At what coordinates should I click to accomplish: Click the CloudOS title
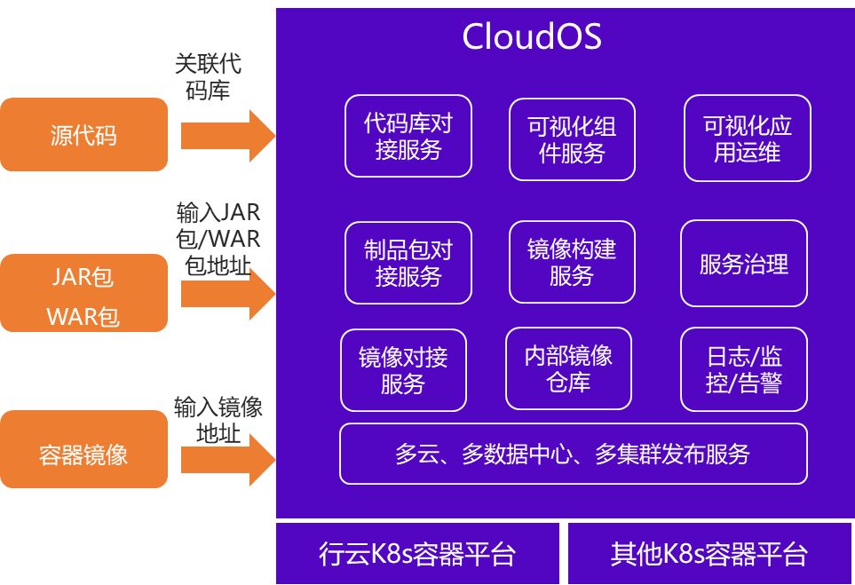(x=532, y=37)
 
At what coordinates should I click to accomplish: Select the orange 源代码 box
(x=83, y=135)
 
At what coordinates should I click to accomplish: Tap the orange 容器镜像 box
(x=83, y=455)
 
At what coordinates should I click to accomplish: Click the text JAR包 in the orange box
(x=83, y=277)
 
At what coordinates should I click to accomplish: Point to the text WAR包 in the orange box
(x=83, y=316)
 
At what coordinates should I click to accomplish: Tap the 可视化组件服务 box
(x=572, y=138)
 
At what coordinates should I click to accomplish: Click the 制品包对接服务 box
(x=408, y=263)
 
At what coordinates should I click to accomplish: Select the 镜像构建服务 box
(x=571, y=262)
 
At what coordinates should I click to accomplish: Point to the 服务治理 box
(x=744, y=264)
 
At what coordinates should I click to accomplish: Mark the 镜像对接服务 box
(x=403, y=370)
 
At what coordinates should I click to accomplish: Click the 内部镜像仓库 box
(x=568, y=368)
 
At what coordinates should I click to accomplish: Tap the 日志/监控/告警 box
(x=744, y=369)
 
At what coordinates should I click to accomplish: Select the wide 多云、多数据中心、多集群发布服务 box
(x=574, y=454)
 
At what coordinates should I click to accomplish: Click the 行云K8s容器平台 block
(x=417, y=554)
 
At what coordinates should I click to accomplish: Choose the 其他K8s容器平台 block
(x=709, y=554)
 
